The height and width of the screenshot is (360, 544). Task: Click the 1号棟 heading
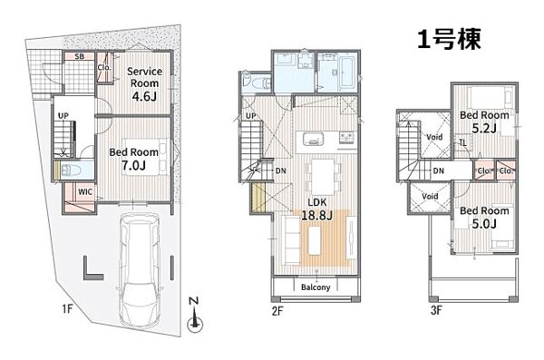click(449, 39)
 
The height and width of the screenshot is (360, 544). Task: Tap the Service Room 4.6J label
click(144, 83)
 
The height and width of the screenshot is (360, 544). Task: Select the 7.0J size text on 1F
click(133, 166)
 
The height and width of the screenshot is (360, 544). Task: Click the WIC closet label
click(85, 191)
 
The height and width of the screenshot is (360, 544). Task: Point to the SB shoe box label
click(80, 56)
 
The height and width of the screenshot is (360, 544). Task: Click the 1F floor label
click(67, 308)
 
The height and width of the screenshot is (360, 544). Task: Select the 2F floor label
click(277, 311)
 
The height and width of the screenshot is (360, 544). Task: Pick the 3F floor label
click(436, 309)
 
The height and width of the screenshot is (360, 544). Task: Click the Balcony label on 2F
click(316, 287)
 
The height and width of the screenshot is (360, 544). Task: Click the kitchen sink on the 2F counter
click(314, 139)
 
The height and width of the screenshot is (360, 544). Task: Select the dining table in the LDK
click(323, 176)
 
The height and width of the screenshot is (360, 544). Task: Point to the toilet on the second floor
click(257, 83)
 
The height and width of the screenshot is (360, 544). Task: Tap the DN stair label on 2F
click(281, 170)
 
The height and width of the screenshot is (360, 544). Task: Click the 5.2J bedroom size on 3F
click(484, 129)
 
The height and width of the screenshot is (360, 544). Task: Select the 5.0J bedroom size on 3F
click(484, 224)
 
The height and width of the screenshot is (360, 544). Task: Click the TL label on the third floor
click(462, 142)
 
